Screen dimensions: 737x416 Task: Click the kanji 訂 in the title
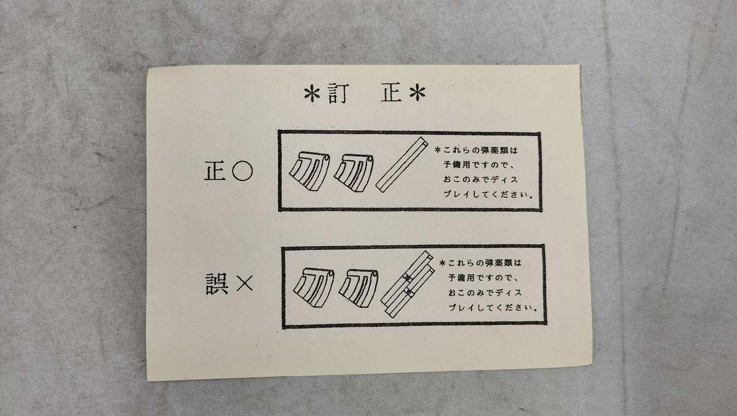point(338,93)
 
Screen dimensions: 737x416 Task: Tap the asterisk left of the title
point(311,94)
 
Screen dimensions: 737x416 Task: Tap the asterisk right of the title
point(417,93)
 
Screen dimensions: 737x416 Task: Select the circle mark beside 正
point(242,171)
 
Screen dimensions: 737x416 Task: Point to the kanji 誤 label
point(217,285)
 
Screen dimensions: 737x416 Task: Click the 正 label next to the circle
point(215,171)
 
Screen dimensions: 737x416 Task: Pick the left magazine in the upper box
point(310,171)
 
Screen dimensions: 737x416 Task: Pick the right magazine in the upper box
point(354,173)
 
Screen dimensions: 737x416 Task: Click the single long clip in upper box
point(402,165)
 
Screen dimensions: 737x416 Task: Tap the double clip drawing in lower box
point(407,285)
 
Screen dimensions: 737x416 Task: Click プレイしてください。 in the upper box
point(488,194)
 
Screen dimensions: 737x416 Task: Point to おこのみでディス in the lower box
point(485,293)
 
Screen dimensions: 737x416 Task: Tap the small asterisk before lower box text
point(442,263)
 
